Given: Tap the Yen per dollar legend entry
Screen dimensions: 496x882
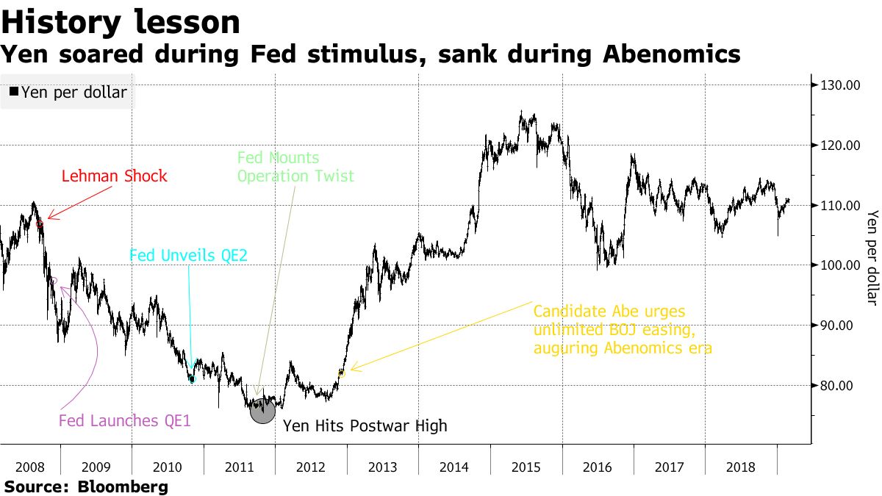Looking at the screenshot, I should [68, 93].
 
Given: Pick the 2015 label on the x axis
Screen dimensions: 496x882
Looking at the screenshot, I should [526, 467].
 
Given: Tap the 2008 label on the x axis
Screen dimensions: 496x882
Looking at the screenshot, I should [29, 467].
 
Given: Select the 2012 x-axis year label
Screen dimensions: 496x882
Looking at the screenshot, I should [311, 467].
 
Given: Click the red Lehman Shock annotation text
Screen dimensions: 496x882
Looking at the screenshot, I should [114, 176].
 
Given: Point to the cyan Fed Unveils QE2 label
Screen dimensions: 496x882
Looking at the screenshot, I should [188, 256].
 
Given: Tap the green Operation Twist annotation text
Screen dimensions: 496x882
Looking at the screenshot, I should [295, 168].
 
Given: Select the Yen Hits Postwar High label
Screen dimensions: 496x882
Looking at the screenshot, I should [365, 426].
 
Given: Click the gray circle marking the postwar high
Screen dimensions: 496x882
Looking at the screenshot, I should [262, 410].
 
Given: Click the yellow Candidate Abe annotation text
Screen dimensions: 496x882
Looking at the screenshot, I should [622, 329].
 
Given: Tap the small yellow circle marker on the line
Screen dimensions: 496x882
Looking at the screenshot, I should [341, 373].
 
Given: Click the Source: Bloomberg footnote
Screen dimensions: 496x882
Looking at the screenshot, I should [86, 486].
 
